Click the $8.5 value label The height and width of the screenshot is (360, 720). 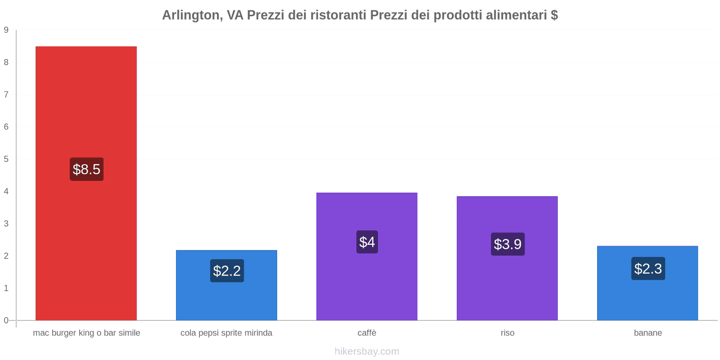coord(86,169)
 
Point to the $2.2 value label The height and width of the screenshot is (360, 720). coord(227,271)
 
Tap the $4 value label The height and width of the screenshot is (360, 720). coord(367,242)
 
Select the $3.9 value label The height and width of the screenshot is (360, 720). coord(508,244)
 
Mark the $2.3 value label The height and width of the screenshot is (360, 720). coord(648,269)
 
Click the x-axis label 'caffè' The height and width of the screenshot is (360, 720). coord(367,333)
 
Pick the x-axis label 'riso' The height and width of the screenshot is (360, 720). coord(507,333)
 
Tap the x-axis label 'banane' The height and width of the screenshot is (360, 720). coord(648,333)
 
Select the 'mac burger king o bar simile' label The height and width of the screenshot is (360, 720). coord(86,333)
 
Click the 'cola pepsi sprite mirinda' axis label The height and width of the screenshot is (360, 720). coord(226,333)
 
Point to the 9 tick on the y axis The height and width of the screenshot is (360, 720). coord(6,30)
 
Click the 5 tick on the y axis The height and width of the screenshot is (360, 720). coord(6,159)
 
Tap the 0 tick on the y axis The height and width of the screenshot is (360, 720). coord(6,320)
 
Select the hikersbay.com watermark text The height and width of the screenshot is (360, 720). coord(367,351)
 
